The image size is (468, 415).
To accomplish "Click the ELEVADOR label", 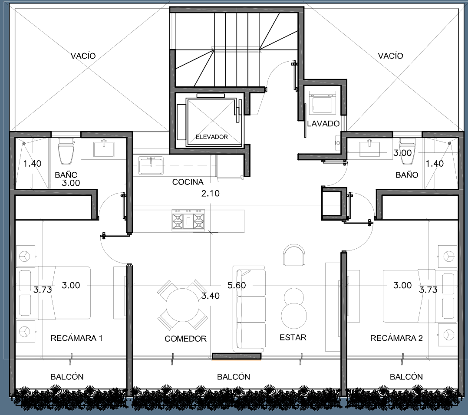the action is pos(211,137).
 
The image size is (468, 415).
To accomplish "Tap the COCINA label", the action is pos(188,182).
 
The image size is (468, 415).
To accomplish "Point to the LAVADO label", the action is pos(323,124).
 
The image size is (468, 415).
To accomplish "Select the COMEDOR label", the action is pos(186,339).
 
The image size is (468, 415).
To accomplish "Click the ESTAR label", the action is pos(293,337).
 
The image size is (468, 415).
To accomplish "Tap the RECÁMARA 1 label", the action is pos(76,338).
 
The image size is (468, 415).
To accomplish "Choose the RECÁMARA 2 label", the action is pos(396,338).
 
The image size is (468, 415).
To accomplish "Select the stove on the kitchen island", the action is pos(188,220).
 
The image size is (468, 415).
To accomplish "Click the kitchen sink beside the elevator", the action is pos(151,165).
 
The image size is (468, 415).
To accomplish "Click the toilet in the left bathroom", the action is pos(66,151).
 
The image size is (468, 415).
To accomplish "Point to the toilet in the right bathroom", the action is pos(407,150).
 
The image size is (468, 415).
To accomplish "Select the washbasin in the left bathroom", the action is pos(104,149).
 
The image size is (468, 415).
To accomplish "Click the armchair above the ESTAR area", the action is pos(294,255).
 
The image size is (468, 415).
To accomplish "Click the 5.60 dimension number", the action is pos(237,286).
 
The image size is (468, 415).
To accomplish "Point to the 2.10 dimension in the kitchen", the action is pos(211,194).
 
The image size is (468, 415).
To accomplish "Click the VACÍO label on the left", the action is pos(83,56).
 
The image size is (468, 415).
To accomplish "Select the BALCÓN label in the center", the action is pos(234,377).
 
